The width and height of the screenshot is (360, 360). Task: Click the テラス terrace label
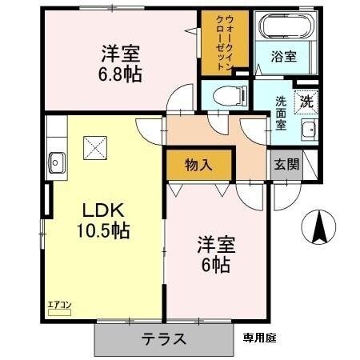tap(166, 338)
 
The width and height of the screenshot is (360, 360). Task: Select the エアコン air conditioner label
tap(59, 305)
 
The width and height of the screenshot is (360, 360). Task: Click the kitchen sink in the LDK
tap(58, 158)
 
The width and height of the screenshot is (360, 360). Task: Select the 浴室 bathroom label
tap(284, 58)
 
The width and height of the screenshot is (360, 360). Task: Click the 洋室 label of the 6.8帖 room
tap(121, 55)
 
